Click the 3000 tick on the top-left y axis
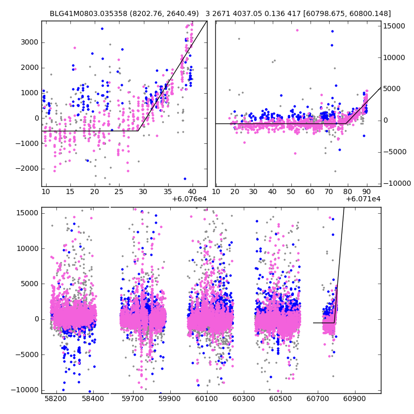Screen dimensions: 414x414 pos(30,42)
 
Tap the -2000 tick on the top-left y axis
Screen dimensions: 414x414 pos(28,169)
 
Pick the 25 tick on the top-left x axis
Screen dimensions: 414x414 pos(119,192)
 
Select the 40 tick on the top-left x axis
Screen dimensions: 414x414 pos(192,192)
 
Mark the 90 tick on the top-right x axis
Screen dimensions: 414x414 pos(366,192)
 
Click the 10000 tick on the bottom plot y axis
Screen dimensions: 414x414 pos(27,248)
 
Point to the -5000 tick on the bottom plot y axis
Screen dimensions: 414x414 pos(27,354)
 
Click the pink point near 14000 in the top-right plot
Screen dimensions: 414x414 pos(297,30)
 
